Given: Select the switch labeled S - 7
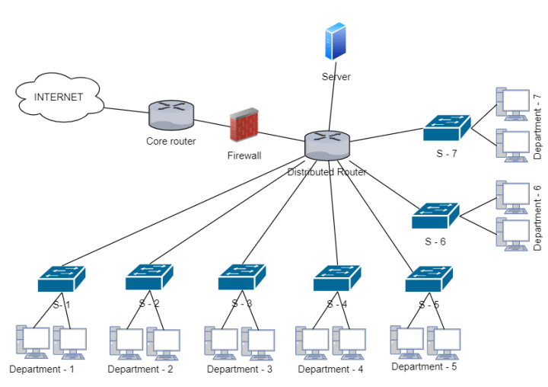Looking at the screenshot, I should coord(448,128).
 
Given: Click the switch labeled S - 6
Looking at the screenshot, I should coord(435,216).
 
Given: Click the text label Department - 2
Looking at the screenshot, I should coord(140,369).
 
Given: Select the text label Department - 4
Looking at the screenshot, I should coord(330,369).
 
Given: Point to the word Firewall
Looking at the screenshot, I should coord(244,155).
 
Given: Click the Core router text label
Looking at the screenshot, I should coord(171,141).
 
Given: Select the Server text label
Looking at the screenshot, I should coord(336,77).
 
